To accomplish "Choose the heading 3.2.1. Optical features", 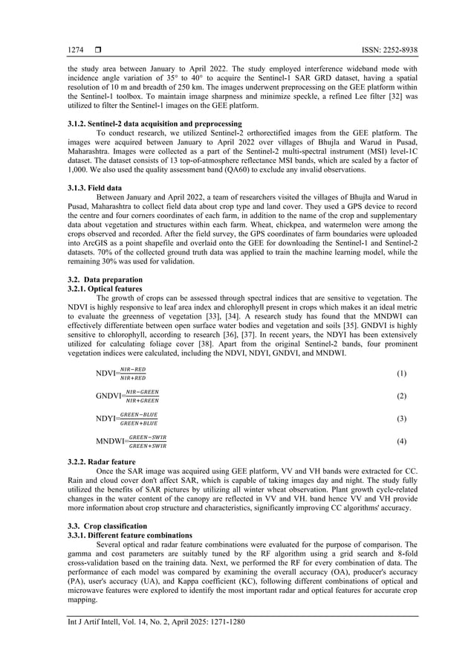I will pyautogui.click(x=105, y=288).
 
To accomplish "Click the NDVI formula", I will pyautogui.click(x=121, y=373).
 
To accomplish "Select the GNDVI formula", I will pyautogui.click(x=127, y=396).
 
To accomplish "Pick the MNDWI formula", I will pyautogui.click(x=131, y=442).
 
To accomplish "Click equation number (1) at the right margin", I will pyautogui.click(x=401, y=373).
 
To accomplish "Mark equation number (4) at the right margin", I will pyautogui.click(x=401, y=442).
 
